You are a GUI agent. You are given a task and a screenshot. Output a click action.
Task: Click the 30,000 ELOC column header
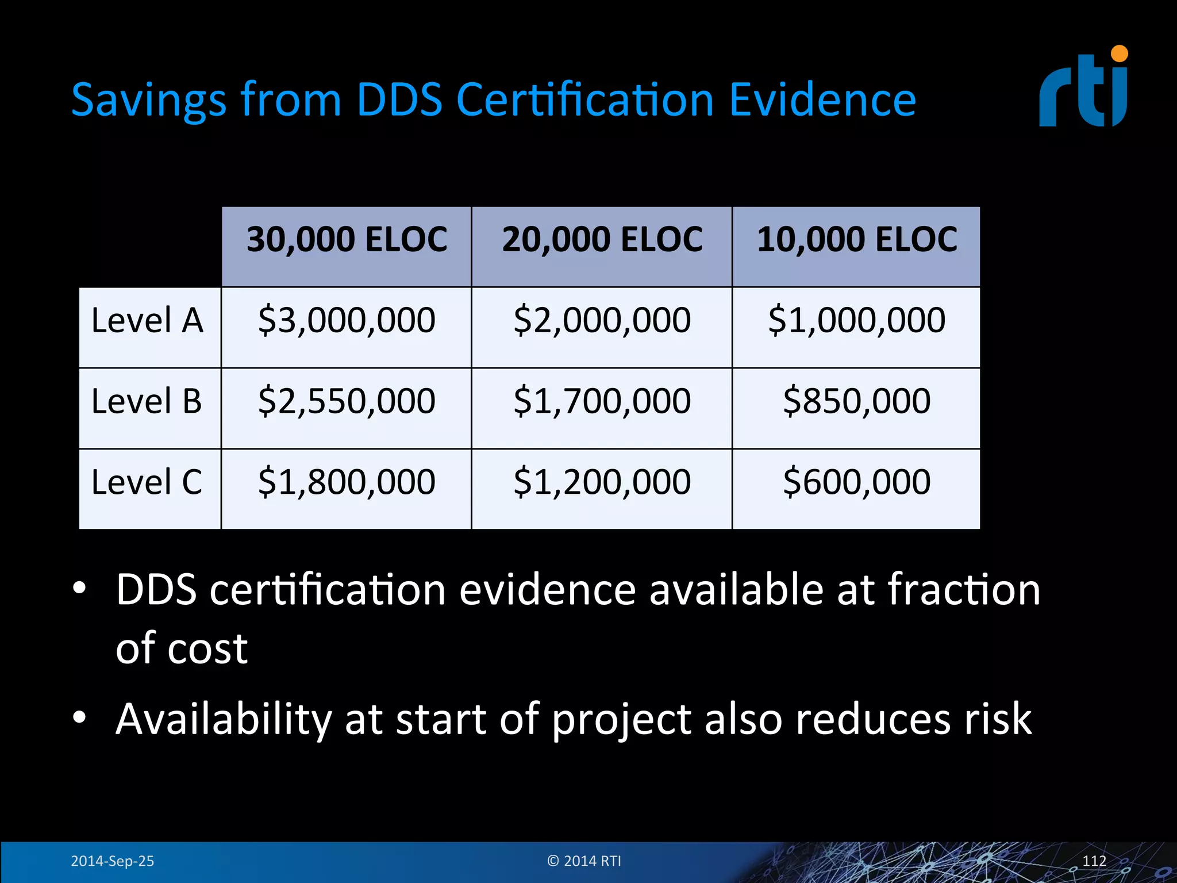coord(347,240)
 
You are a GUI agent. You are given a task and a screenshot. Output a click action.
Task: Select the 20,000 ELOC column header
coord(602,240)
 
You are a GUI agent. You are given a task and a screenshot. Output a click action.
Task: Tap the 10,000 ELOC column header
coord(856,240)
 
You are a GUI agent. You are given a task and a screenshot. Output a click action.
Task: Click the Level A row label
coord(147,320)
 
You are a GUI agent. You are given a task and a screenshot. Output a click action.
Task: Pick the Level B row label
coord(147,401)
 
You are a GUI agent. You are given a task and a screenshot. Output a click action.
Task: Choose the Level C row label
coord(147,482)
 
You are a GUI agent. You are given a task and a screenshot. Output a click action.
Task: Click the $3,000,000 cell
coord(347,320)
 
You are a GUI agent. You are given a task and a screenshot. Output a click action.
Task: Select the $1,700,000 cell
coord(602,401)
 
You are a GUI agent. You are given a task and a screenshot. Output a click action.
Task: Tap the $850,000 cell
coord(856,401)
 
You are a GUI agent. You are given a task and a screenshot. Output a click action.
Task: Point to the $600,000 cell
coord(856,482)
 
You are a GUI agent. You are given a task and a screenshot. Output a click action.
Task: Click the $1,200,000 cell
coord(602,482)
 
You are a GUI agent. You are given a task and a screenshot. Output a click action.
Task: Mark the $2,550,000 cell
coord(347,401)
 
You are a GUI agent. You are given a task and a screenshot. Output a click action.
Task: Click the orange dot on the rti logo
coord(1120,54)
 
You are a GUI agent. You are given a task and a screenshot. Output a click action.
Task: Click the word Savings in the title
coord(149,101)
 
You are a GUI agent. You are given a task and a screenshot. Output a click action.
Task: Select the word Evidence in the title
coord(822,99)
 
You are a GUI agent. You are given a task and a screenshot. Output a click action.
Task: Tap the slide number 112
coord(1094,861)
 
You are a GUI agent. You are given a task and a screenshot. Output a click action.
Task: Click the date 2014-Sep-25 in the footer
coord(112,861)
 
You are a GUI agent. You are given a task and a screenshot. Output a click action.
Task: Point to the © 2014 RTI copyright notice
coord(584,861)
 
